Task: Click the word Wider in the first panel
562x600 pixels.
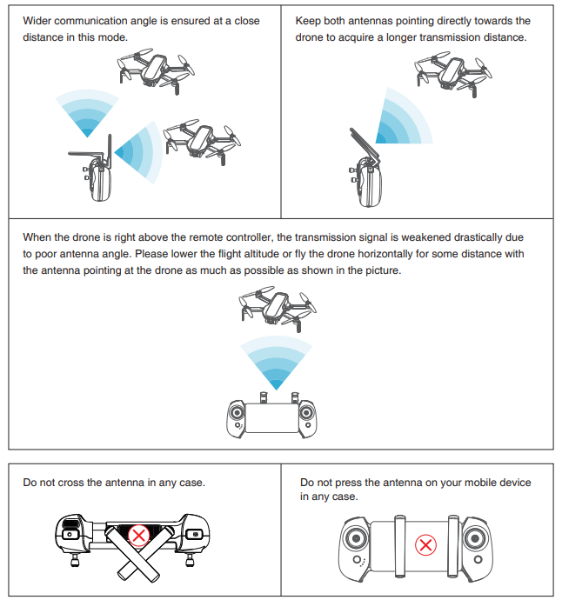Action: point(37,20)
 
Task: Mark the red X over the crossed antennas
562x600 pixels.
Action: point(137,535)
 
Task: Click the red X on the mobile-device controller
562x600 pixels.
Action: point(425,545)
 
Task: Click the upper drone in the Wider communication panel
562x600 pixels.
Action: point(155,67)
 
